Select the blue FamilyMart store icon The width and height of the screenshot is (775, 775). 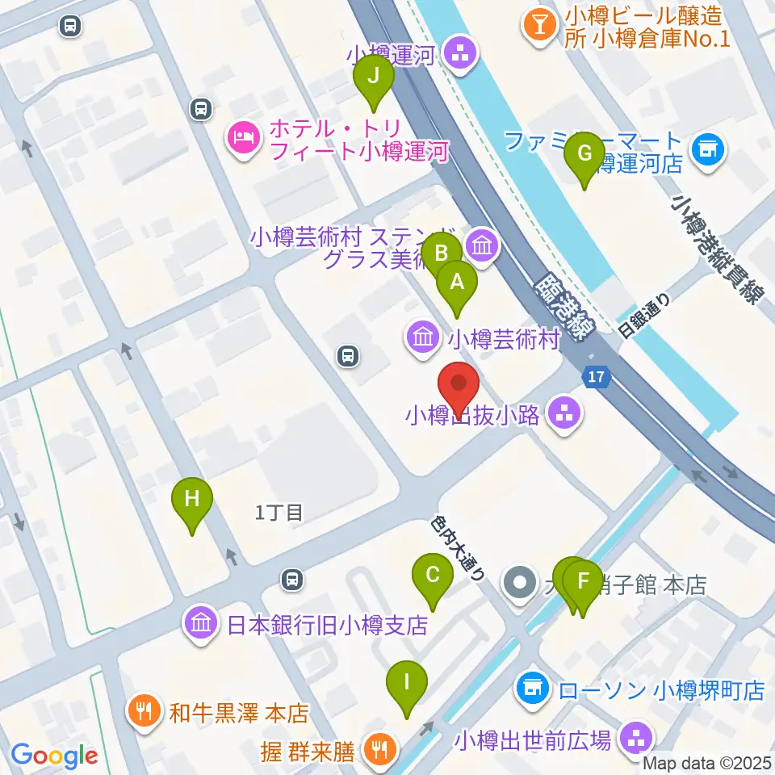point(710,149)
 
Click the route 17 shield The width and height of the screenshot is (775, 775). point(596,376)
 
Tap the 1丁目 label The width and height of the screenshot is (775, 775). point(279,512)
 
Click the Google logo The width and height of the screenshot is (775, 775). point(54,756)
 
